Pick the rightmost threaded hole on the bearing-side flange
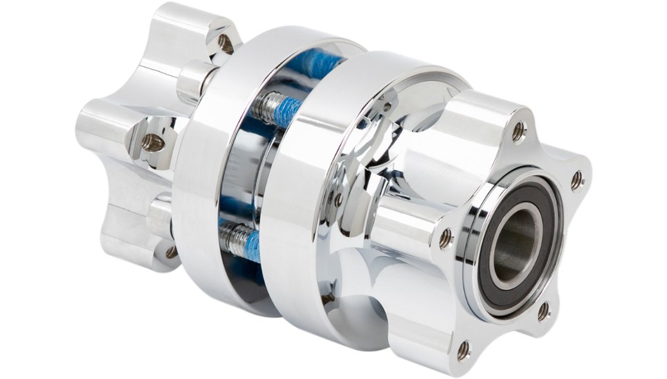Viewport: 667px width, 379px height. pos(577,181)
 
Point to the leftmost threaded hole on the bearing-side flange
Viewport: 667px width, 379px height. pos(446,238)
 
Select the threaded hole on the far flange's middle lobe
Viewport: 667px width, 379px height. pos(151,142)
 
